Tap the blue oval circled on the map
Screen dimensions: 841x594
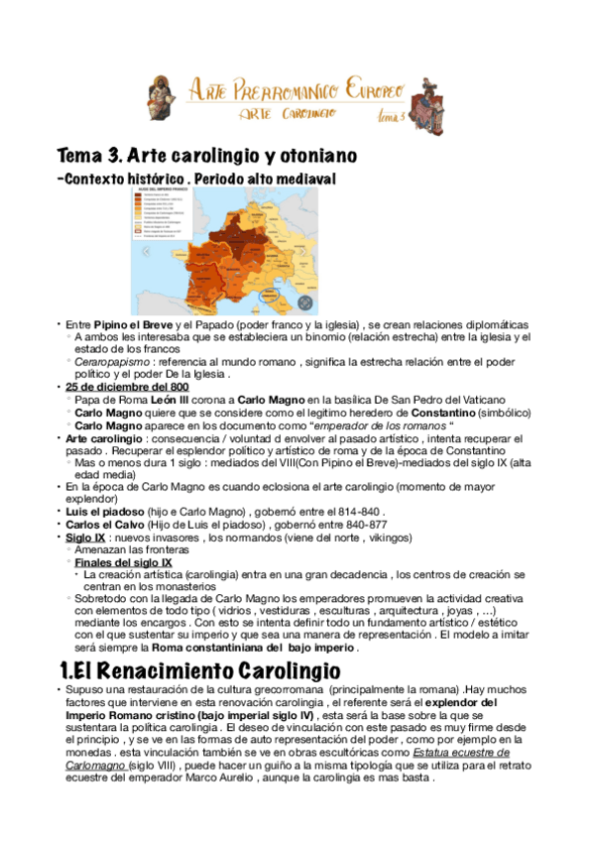(274, 297)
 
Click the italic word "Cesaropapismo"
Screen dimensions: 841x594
(108, 362)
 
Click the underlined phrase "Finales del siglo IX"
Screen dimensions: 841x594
(123, 561)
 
